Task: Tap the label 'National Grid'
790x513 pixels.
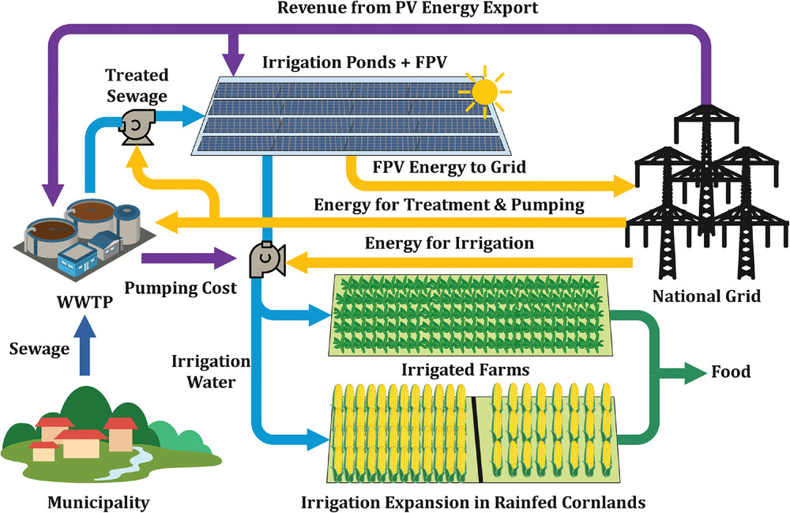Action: coord(706,296)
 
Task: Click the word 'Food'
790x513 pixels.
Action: coord(731,372)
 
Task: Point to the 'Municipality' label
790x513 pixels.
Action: coord(98,502)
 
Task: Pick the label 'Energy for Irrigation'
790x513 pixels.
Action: coord(449,242)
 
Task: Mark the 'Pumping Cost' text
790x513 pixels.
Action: coord(181,289)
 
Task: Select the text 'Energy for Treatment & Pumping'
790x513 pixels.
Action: coord(449,205)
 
